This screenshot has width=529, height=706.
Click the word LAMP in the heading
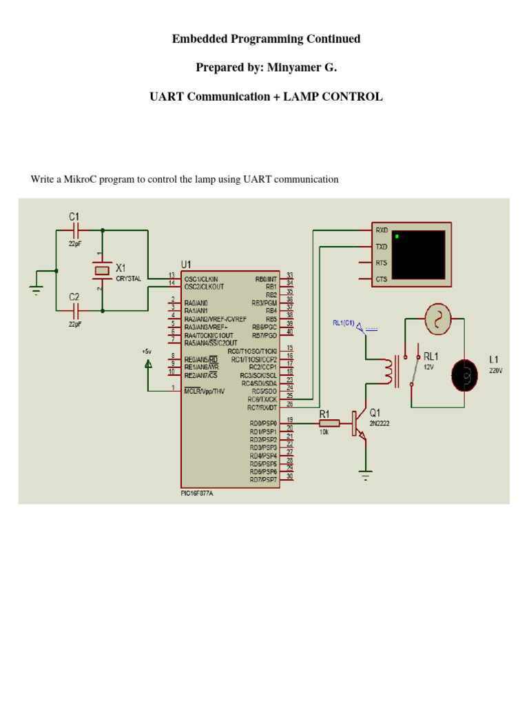[299, 97]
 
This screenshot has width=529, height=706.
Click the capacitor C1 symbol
[76, 230]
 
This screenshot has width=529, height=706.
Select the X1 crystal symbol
[102, 270]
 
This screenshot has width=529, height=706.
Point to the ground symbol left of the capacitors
[36, 288]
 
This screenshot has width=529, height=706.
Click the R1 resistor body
[329, 423]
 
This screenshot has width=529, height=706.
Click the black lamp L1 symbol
[465, 374]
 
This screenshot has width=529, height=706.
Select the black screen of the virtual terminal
[417, 254]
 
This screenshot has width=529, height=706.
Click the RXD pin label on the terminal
[381, 230]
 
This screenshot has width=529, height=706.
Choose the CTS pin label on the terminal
[381, 279]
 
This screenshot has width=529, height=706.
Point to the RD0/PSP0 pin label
[263, 423]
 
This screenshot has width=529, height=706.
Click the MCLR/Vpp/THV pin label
[205, 392]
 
